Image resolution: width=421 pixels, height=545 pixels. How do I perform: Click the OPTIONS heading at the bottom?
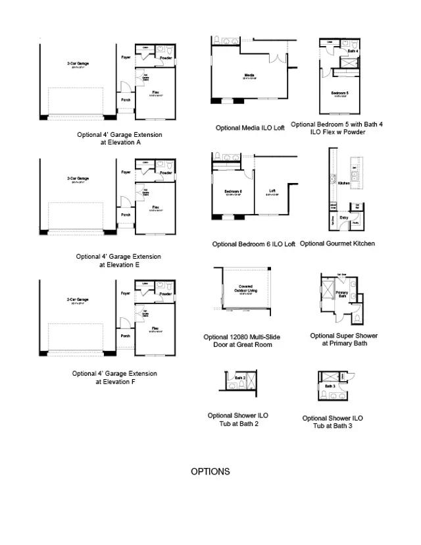(210, 472)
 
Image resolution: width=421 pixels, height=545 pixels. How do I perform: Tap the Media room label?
(249, 76)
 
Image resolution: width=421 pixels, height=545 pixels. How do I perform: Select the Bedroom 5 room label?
(339, 93)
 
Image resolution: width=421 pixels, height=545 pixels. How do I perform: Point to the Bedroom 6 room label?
(234, 192)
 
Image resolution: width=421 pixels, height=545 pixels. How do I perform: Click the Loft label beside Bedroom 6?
(272, 192)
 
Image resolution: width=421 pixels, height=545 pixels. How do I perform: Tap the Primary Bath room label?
(342, 294)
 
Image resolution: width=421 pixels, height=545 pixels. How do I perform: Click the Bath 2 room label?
(240, 378)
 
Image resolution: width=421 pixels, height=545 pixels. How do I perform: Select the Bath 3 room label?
(330, 386)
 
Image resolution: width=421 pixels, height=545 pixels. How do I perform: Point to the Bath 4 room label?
(353, 51)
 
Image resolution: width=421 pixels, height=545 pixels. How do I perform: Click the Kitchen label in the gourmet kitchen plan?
(343, 184)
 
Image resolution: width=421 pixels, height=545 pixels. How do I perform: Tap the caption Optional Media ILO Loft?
(250, 128)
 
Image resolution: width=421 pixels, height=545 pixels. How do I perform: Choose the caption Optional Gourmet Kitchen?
(337, 244)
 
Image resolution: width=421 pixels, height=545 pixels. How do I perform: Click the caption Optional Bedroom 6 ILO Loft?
(253, 244)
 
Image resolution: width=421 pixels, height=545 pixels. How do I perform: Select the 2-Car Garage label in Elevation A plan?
(78, 63)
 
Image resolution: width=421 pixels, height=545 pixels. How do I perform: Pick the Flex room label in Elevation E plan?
(156, 207)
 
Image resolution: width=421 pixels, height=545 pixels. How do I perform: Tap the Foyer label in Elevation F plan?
(126, 294)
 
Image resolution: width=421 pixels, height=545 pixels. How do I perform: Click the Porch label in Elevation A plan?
(125, 100)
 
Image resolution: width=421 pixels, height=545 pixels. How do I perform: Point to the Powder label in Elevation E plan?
(166, 173)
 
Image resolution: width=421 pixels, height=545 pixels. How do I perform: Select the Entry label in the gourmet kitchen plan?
(343, 217)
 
